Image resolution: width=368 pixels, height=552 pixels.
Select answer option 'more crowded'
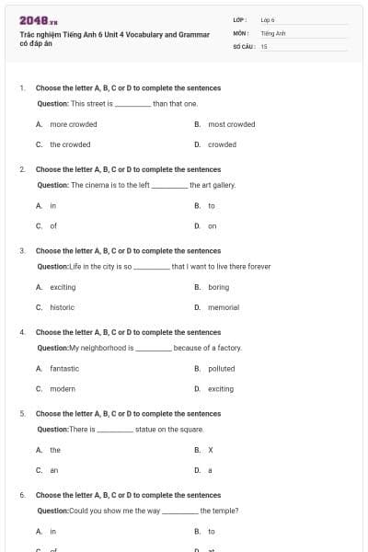(73, 124)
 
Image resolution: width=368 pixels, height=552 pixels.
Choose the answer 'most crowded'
(231, 124)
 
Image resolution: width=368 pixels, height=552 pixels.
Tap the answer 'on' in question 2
(212, 225)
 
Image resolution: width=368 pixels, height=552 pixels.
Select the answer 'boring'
(218, 287)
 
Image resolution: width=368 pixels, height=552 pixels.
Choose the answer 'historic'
(63, 306)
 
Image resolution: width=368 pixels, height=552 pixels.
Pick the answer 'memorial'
(223, 306)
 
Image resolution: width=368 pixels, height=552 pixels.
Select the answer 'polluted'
(221, 368)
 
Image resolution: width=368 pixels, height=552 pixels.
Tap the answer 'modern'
(63, 388)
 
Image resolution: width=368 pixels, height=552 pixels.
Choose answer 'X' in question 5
(211, 450)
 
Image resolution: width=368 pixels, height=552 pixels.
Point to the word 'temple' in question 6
(224, 511)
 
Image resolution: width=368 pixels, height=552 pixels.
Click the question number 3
(22, 250)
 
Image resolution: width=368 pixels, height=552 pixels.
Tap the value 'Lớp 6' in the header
(268, 19)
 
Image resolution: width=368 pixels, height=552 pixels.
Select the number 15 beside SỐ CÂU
(264, 45)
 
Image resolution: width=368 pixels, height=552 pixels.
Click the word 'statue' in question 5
(146, 430)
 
